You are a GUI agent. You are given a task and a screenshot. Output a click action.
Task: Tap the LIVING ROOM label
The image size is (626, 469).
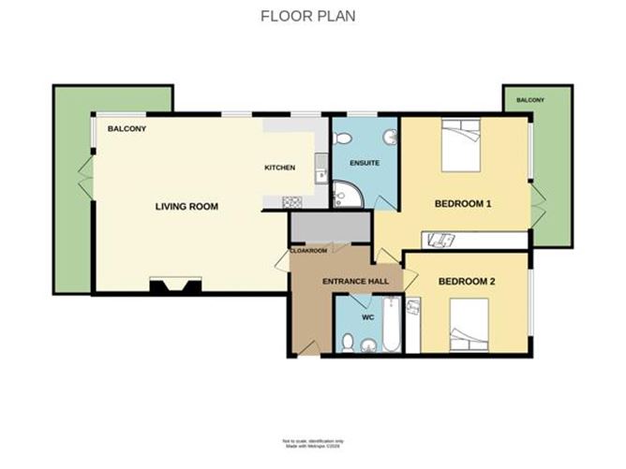click(x=186, y=206)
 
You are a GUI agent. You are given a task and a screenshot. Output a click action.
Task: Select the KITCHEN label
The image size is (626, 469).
click(x=279, y=168)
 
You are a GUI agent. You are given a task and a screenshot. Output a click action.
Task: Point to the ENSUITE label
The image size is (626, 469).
click(x=365, y=163)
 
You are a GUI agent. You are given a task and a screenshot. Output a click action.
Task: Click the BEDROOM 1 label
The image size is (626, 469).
click(x=463, y=204)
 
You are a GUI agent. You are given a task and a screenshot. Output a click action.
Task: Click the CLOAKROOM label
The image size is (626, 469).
click(x=309, y=251)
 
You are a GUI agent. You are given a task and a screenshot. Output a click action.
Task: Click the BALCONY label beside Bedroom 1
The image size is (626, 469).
click(x=530, y=99)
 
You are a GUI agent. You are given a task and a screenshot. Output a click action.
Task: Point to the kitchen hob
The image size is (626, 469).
click(x=290, y=201)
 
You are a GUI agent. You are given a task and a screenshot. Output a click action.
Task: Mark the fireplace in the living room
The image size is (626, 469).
click(x=176, y=286)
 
